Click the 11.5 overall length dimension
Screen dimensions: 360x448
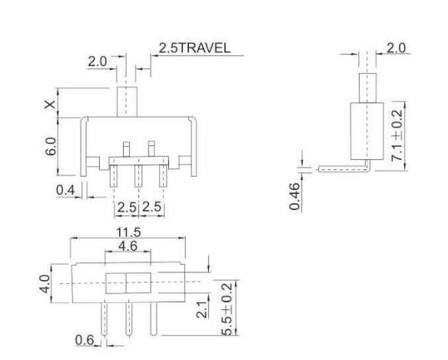point(127,231)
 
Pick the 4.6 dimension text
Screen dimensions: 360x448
point(128,246)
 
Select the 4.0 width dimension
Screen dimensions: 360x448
point(45,283)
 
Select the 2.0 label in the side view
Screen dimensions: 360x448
point(397,48)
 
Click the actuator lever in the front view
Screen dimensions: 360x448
point(126,102)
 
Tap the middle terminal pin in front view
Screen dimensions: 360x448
point(138,175)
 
